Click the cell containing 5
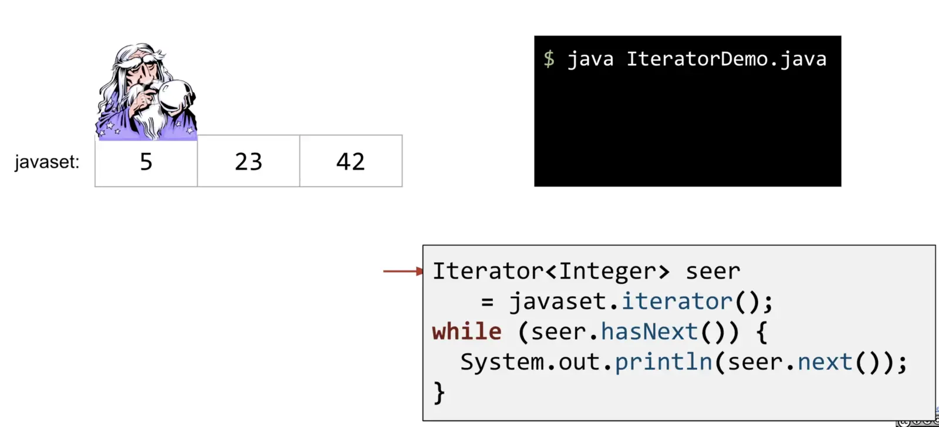point(146,161)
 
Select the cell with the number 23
point(249,161)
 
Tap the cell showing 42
point(351,161)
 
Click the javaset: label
point(47,162)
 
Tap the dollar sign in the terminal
point(549,59)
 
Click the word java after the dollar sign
point(590,59)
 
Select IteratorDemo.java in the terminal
point(727,59)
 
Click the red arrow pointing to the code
point(403,272)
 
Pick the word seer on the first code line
point(713,272)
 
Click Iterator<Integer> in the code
point(551,272)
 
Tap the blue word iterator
point(677,301)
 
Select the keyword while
point(467,331)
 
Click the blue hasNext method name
point(649,331)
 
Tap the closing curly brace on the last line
point(439,392)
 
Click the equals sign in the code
point(487,301)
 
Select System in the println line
point(502,362)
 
